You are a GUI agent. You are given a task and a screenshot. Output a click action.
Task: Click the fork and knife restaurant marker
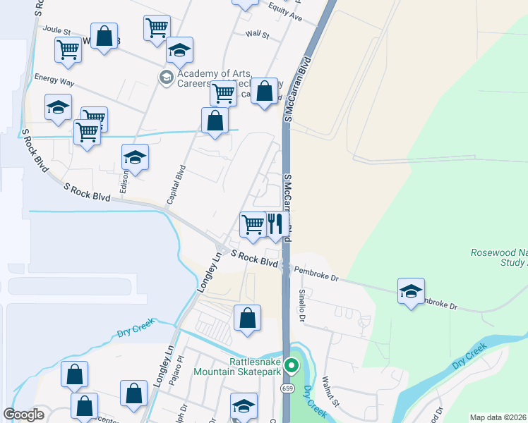(275, 225)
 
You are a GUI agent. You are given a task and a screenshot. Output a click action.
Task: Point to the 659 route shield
(286, 388)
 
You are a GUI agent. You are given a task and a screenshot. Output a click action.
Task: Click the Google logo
(23, 415)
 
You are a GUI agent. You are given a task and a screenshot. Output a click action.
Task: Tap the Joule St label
(58, 30)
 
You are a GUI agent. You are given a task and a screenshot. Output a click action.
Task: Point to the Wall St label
(257, 34)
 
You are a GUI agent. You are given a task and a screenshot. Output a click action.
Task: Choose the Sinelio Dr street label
(301, 305)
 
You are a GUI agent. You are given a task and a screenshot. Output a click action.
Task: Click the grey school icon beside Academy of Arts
(167, 77)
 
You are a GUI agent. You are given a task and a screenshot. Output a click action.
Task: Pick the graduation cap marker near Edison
(135, 158)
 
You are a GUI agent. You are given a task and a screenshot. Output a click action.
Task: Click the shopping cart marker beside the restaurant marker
(253, 225)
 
